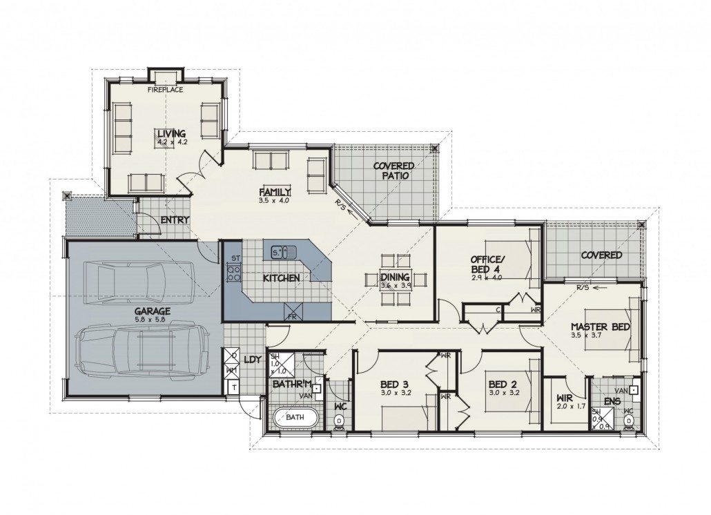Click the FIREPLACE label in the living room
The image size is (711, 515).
click(165, 89)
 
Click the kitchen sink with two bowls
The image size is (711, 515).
click(282, 253)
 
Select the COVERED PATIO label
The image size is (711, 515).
click(393, 171)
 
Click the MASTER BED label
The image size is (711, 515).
click(600, 327)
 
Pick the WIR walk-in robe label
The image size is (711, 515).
click(565, 398)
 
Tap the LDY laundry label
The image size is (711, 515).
click(253, 359)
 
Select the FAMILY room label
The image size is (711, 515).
click(275, 191)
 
